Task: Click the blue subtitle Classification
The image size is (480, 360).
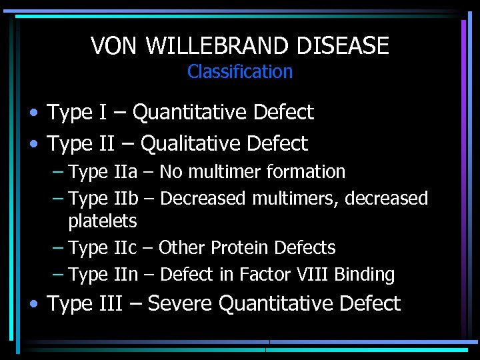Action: click(x=240, y=71)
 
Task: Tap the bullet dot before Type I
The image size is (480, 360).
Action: click(x=35, y=113)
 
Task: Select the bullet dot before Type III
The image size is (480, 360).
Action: click(x=35, y=304)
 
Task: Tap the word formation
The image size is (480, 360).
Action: click(x=305, y=172)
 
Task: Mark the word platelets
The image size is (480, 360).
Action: click(x=102, y=221)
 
